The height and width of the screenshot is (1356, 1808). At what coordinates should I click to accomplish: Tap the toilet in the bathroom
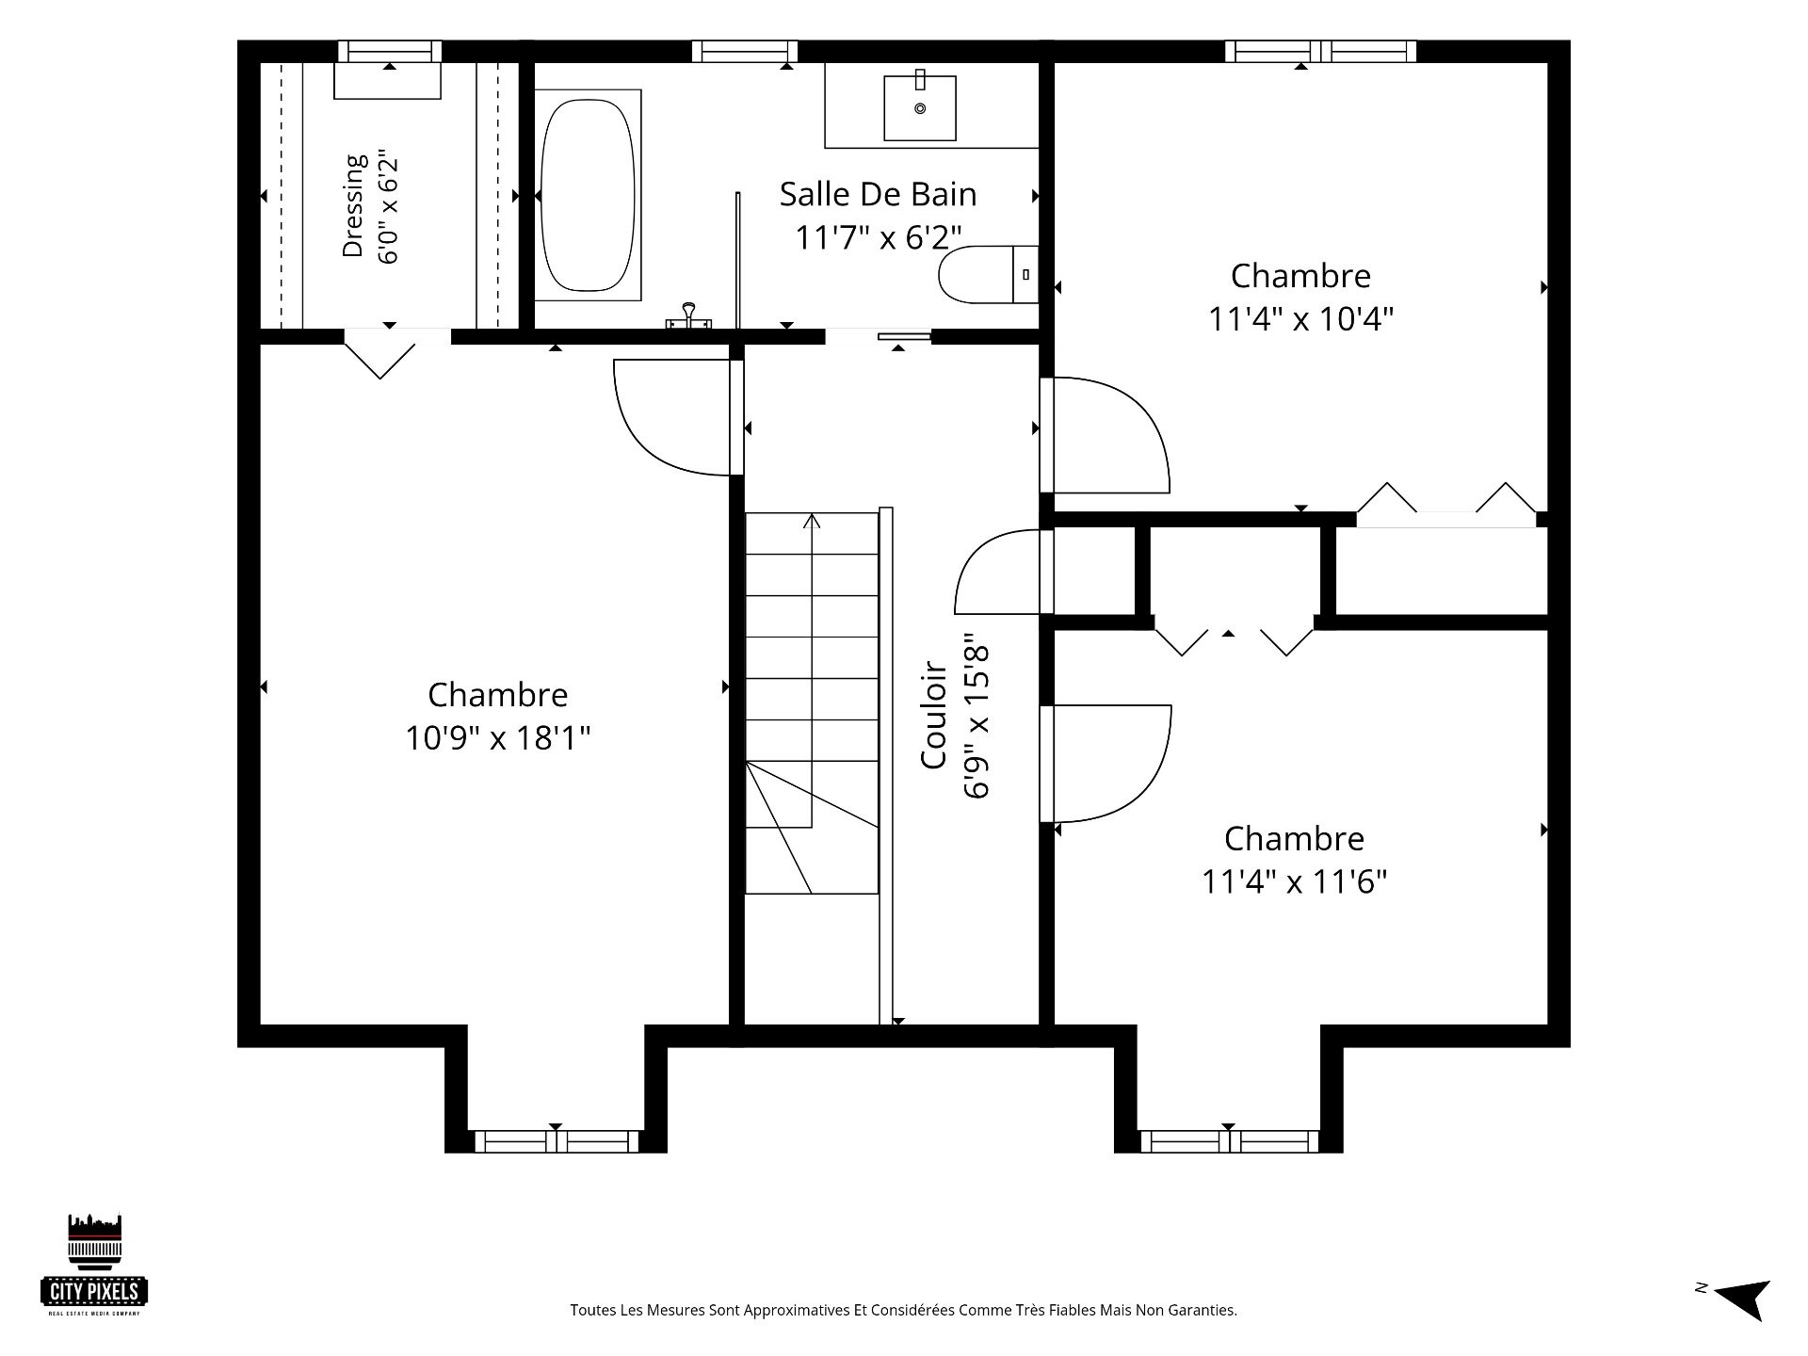click(988, 274)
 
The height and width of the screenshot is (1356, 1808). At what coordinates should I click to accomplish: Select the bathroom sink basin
click(920, 107)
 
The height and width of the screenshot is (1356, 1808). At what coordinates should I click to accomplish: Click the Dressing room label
click(353, 205)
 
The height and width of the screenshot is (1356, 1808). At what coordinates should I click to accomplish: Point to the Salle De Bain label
click(878, 194)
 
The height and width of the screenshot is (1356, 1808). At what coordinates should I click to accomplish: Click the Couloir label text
click(933, 715)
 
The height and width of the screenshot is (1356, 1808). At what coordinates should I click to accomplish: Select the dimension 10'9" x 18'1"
click(497, 737)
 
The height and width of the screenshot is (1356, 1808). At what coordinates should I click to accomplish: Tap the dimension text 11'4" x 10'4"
click(1300, 319)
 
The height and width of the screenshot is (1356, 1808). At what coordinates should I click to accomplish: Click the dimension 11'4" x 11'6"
click(1294, 881)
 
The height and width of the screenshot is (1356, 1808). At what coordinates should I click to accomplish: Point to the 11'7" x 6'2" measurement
click(878, 237)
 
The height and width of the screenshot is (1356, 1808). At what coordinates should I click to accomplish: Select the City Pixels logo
click(95, 1264)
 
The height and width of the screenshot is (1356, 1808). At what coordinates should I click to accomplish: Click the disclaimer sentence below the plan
click(903, 1310)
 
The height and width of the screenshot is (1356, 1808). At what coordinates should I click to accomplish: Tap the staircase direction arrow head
click(812, 520)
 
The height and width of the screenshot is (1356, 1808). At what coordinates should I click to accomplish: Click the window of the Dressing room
click(390, 51)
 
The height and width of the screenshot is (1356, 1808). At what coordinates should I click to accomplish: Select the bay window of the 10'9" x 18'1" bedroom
click(556, 1141)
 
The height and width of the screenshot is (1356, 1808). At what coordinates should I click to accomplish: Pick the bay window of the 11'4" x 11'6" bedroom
click(1229, 1141)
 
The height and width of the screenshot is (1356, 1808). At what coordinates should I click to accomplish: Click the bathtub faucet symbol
click(688, 316)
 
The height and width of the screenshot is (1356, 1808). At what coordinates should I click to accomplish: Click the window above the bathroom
click(745, 51)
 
